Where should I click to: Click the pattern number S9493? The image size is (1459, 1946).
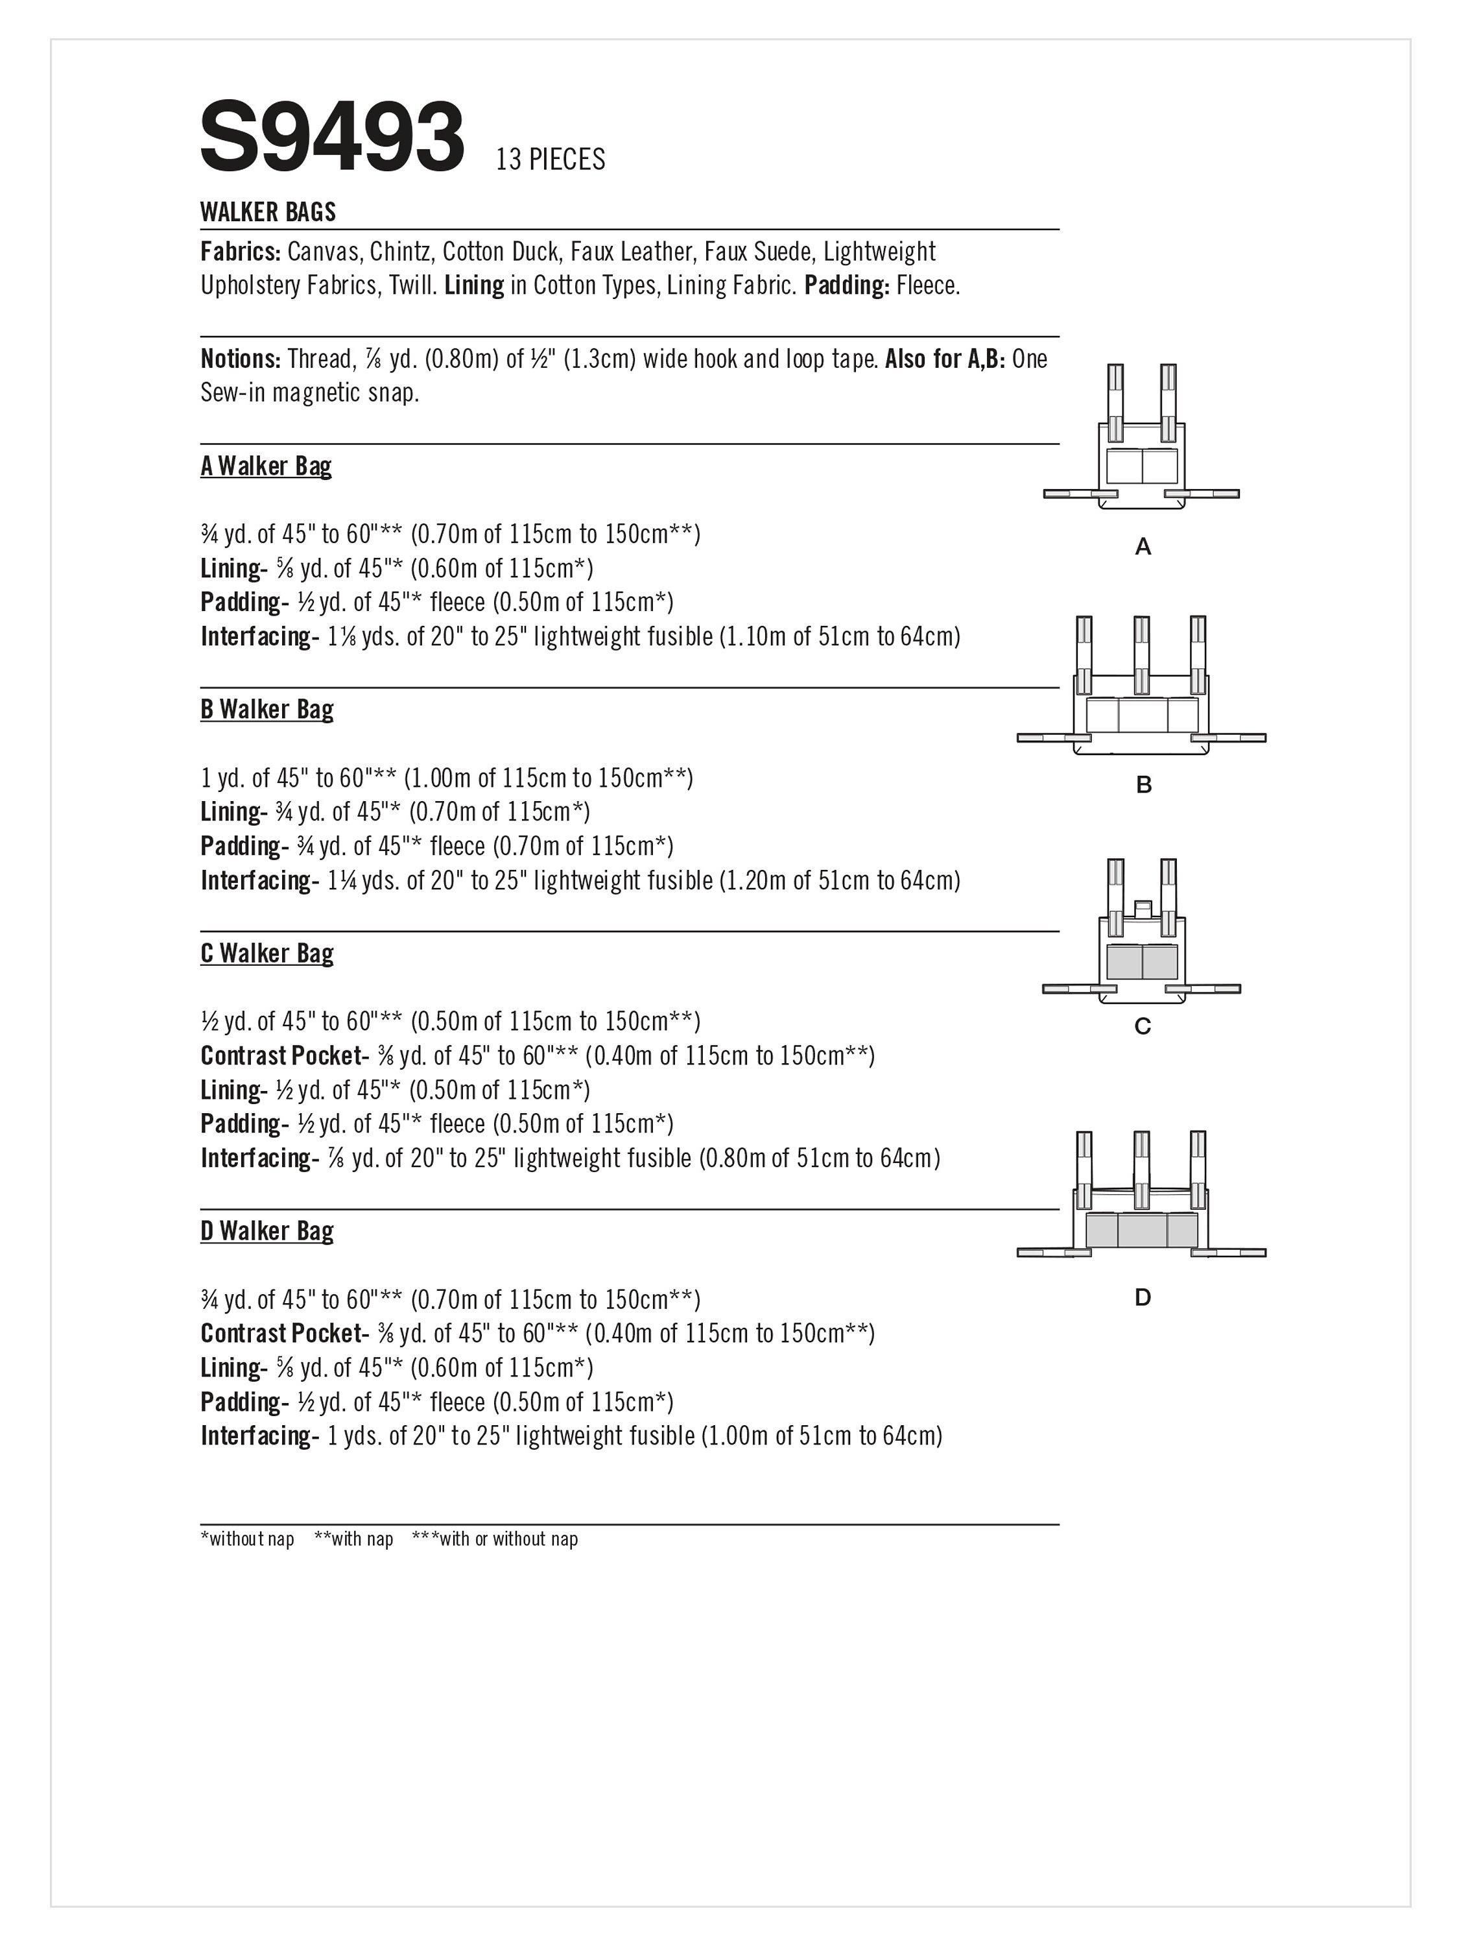point(331,138)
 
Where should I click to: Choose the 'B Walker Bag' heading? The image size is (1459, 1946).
point(267,709)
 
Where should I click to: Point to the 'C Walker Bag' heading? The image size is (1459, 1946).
point(267,953)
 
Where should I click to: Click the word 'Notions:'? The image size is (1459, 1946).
point(240,359)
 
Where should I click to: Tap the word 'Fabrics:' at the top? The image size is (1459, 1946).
point(240,252)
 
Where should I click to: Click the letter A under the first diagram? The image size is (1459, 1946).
point(1143,547)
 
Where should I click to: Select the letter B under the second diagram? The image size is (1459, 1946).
point(1143,785)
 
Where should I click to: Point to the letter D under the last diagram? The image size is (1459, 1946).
point(1143,1297)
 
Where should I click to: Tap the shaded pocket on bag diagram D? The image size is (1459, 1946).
point(1141,1230)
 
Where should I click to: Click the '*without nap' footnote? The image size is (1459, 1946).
point(247,1539)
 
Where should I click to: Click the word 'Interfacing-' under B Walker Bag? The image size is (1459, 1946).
point(259,881)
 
